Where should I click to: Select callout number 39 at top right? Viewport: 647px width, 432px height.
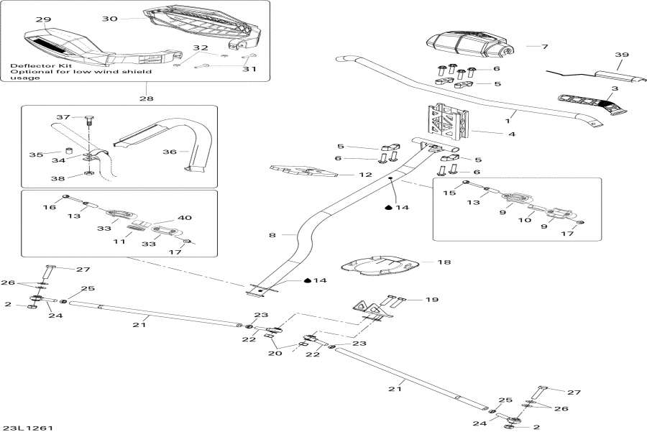click(621, 55)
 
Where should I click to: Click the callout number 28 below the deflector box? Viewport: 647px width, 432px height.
click(146, 98)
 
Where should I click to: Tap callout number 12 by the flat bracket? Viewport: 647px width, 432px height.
click(345, 173)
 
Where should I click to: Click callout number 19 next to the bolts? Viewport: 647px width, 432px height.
click(432, 299)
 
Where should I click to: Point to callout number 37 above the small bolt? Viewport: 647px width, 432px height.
click(63, 117)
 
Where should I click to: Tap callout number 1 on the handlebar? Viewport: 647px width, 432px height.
click(509, 114)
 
